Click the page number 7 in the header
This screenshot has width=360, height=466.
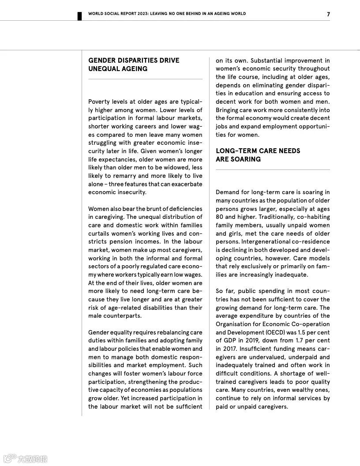pyautogui.click(x=328, y=14)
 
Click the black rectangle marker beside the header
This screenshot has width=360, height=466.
pyautogui.click(x=80, y=16)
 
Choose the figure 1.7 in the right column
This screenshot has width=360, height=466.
pyautogui.click(x=298, y=341)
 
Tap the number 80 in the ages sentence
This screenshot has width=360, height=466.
pyautogui.click(x=219, y=217)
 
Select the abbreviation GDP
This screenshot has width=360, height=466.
pyautogui.click(x=231, y=341)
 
